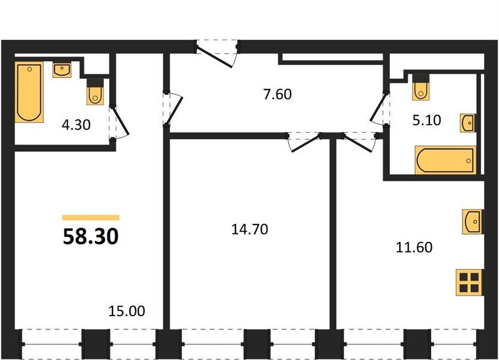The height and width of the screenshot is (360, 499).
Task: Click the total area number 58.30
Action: tap(91, 236)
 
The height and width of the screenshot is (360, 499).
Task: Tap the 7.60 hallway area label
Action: tap(277, 94)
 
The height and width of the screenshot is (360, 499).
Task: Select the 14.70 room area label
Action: tap(250, 229)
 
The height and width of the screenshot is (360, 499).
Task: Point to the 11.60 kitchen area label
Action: tap(414, 247)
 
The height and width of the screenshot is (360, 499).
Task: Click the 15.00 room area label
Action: tap(127, 311)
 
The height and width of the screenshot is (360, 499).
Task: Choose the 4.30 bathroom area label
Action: tap(76, 125)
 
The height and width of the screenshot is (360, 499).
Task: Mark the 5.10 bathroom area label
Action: tap(427, 121)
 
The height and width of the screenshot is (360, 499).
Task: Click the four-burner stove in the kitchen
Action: tap(470, 283)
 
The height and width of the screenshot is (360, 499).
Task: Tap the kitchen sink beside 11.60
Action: tap(473, 221)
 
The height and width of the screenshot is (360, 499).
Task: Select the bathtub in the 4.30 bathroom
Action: tap(29, 92)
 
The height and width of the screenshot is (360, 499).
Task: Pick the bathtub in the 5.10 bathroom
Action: tap(446, 160)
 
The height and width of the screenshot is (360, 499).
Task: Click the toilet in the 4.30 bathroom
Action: tap(95, 92)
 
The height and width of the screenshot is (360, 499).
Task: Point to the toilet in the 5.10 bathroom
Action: tap(421, 88)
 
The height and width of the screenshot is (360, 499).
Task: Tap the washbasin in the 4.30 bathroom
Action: tap(62, 70)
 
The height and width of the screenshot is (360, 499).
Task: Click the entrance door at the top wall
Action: tap(217, 54)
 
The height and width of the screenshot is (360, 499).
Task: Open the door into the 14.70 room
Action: tap(304, 142)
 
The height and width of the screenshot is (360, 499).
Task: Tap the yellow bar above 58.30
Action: tap(91, 218)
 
